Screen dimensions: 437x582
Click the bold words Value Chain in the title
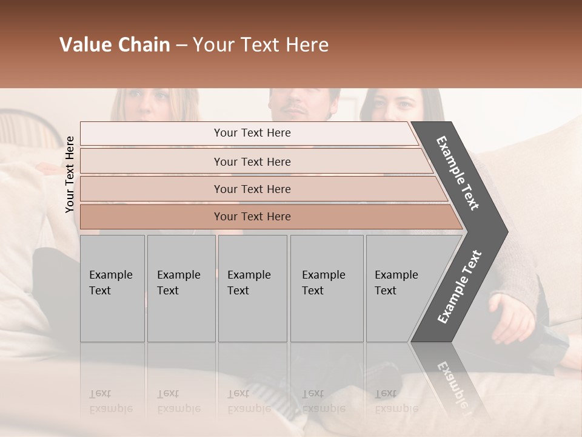(115, 45)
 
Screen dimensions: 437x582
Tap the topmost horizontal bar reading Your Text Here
(252, 133)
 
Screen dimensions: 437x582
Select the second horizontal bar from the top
(252, 161)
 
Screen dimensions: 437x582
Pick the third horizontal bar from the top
(252, 189)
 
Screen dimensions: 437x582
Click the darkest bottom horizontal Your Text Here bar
(252, 217)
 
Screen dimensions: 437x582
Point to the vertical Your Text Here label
(70, 174)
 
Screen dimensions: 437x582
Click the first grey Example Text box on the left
(112, 288)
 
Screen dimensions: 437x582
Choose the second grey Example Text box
(181, 288)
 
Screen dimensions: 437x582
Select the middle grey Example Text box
(252, 288)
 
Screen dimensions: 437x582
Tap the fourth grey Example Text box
(326, 288)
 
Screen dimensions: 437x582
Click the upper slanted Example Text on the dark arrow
(458, 173)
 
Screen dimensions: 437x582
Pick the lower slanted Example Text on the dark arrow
(459, 286)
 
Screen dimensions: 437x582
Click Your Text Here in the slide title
(261, 45)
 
